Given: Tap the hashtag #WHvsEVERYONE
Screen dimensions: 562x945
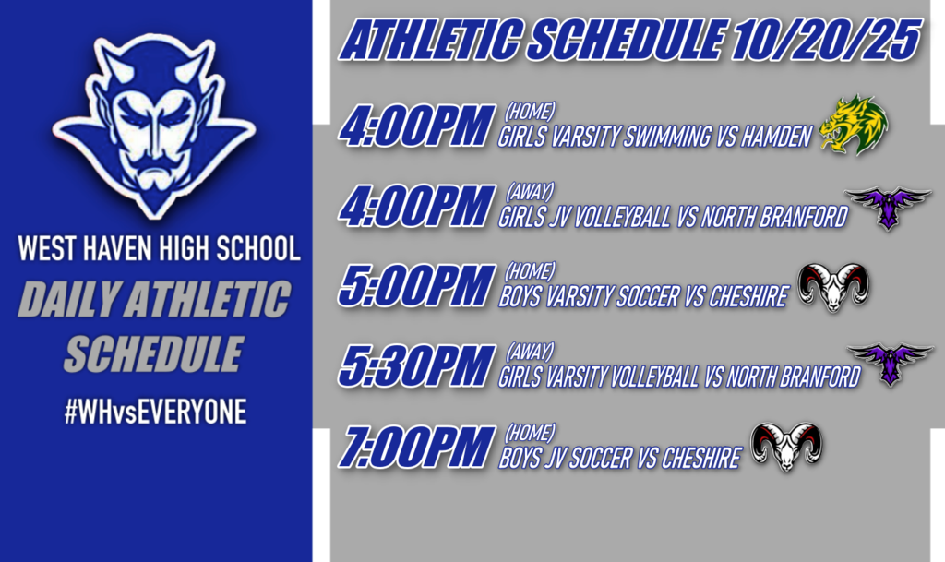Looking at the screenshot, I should coord(155,412).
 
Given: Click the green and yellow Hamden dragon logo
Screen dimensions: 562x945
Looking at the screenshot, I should coord(854,125).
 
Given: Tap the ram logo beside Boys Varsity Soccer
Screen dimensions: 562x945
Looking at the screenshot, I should coord(833,286).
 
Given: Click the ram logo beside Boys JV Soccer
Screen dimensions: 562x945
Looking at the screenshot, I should coord(785,447).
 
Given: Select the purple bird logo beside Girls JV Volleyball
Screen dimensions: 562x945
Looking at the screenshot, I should coord(889,205).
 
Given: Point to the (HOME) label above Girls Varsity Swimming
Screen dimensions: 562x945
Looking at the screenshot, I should coord(530,112).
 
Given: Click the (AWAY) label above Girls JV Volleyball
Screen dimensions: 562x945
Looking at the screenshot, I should coord(529,191).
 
